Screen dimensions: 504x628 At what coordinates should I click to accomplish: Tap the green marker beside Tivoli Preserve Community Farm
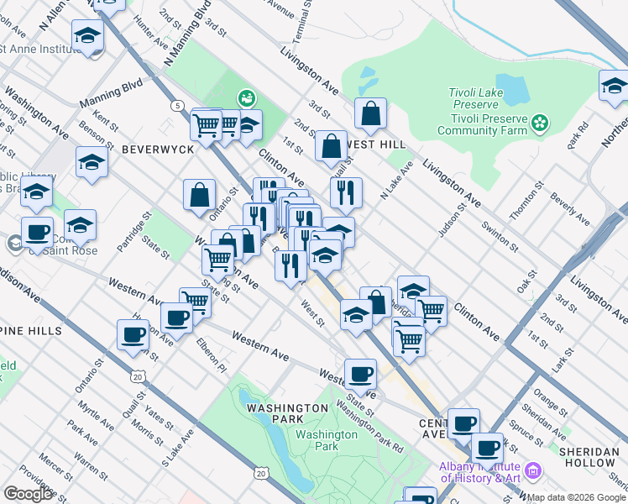click(541, 124)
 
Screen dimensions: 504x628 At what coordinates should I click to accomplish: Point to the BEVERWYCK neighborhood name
click(158, 149)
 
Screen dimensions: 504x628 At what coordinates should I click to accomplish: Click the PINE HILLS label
click(30, 331)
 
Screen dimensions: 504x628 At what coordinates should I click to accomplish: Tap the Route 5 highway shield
click(176, 106)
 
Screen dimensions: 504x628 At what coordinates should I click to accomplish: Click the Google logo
click(28, 493)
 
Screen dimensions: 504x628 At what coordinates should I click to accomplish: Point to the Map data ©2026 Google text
click(577, 497)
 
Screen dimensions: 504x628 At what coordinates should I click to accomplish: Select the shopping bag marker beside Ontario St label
click(200, 195)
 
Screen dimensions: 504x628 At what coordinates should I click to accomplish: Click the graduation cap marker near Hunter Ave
click(87, 37)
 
